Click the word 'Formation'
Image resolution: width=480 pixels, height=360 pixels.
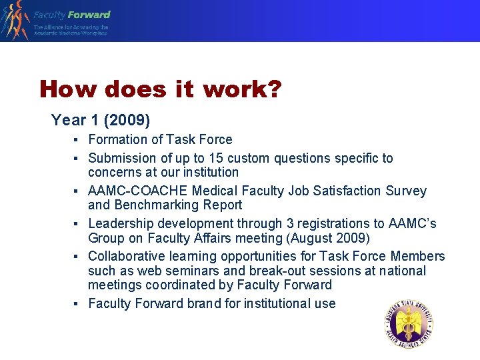click(x=116, y=139)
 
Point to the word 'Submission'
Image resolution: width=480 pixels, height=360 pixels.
click(x=122, y=158)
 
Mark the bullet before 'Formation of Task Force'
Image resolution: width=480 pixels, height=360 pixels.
click(x=77, y=140)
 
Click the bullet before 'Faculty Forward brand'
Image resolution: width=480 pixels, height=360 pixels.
click(x=77, y=304)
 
